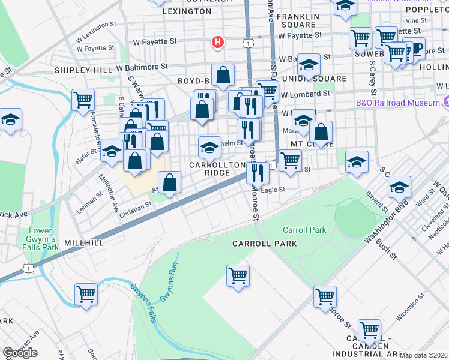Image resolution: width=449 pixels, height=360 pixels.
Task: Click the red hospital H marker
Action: (218, 43)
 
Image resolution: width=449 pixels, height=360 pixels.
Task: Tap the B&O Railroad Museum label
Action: (399, 103)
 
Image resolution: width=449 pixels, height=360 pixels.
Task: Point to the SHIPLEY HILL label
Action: (83, 70)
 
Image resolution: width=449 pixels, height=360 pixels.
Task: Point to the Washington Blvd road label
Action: (388, 221)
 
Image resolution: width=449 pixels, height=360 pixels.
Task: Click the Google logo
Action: (20, 353)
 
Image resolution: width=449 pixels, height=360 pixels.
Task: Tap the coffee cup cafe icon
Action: (413, 48)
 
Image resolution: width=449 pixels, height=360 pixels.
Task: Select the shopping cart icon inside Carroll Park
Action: (238, 276)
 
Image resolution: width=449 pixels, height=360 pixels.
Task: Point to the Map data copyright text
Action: (423, 355)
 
